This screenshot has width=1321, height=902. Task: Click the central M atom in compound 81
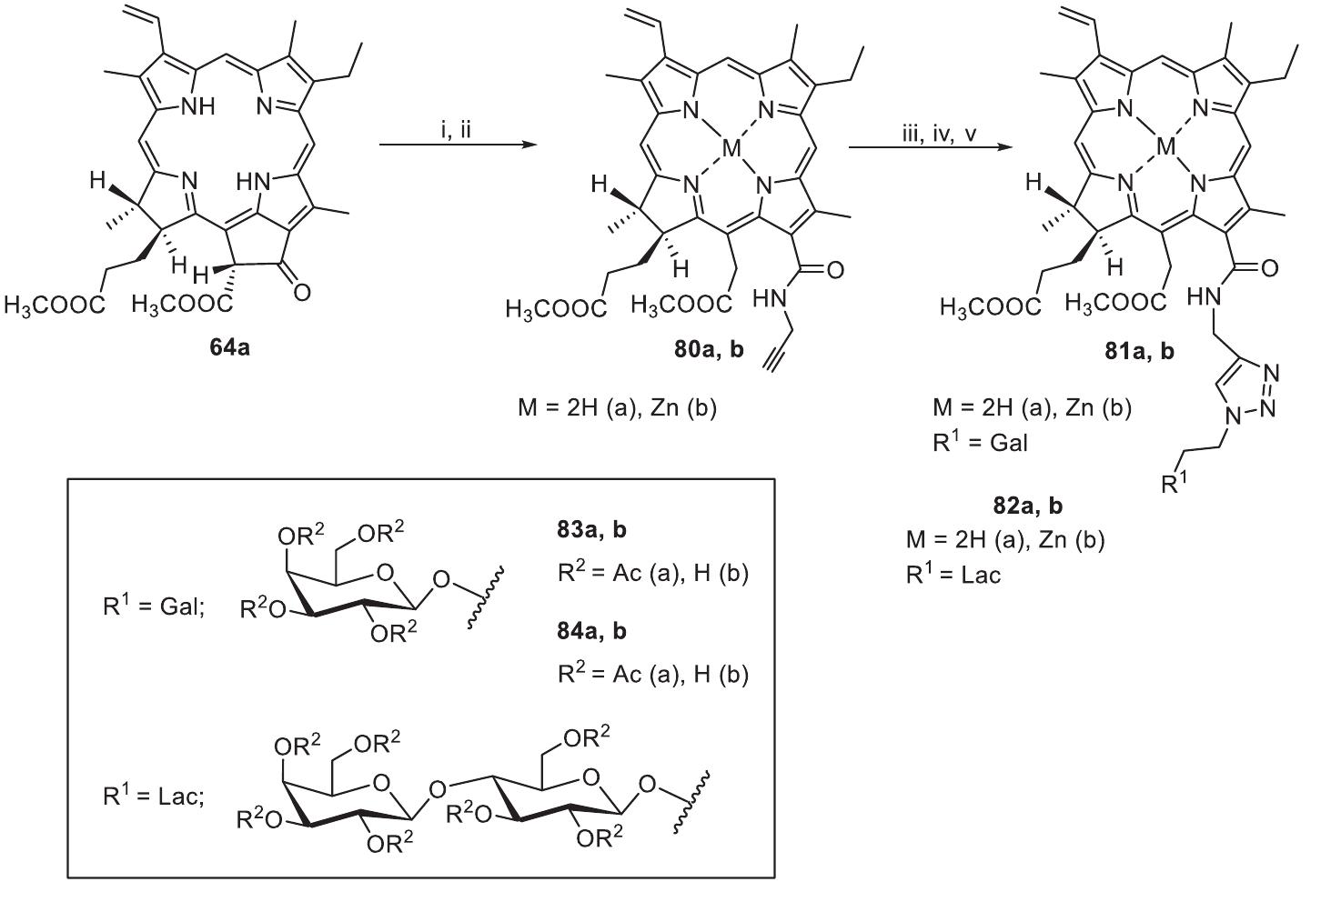[1155, 145]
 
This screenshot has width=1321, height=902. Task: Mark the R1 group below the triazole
[1175, 483]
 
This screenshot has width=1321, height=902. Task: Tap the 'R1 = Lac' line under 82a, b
[953, 574]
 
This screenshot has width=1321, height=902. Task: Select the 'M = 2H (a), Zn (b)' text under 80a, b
[617, 408]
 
